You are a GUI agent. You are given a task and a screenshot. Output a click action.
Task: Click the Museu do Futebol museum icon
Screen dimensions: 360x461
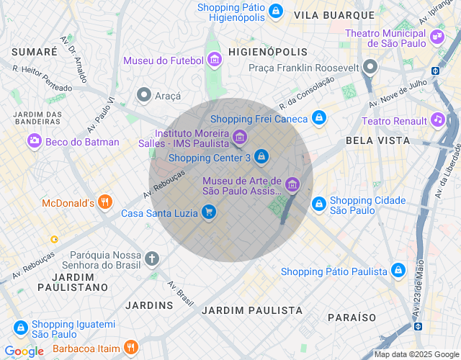coord(214,60)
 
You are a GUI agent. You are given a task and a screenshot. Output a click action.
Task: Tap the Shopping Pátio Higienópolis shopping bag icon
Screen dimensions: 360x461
coord(275,11)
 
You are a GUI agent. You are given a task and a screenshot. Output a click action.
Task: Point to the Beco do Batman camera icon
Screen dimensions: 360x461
coord(34,142)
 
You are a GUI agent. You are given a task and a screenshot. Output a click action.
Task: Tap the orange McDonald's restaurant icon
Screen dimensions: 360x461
coord(105,202)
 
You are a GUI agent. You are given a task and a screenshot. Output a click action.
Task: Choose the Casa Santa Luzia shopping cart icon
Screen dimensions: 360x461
coord(209,212)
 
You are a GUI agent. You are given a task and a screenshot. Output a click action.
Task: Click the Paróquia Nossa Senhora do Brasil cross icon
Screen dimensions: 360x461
coord(151,258)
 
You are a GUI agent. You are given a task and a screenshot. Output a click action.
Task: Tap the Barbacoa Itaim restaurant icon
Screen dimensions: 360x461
coord(130,348)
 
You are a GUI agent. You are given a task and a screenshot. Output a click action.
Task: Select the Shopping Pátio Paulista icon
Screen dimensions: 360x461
coord(398,271)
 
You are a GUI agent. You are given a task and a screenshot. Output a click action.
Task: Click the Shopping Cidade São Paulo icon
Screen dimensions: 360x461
coord(318,204)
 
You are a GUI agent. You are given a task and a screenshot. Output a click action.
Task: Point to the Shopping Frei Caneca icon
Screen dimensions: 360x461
coord(319,118)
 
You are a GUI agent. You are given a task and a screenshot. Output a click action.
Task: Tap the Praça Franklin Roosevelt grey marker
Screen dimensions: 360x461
coord(370,68)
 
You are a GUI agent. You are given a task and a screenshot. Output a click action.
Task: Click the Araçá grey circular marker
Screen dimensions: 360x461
coord(144,95)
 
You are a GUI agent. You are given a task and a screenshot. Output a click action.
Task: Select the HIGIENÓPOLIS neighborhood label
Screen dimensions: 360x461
coord(267,52)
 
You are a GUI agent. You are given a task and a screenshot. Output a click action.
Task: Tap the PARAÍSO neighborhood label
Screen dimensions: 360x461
coord(352,317)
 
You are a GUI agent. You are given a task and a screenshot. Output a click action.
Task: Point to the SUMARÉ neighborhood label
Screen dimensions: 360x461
coord(35,52)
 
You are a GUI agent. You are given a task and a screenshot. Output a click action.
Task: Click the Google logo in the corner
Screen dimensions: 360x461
coord(24,351)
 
